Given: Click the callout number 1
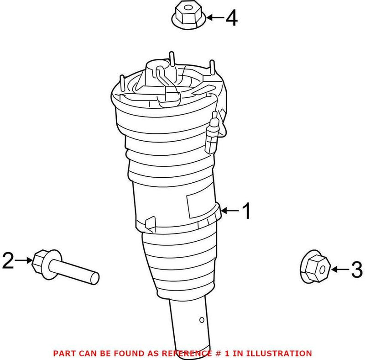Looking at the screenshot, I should (x=246, y=211).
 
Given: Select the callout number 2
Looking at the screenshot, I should (x=9, y=260).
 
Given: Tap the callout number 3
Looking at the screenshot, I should (x=356, y=270).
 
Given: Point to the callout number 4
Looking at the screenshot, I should (x=232, y=18).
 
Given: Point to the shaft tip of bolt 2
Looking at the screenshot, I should (x=95, y=277).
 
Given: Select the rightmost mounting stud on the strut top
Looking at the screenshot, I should (x=212, y=67).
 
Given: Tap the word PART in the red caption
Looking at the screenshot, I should (x=64, y=353).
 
